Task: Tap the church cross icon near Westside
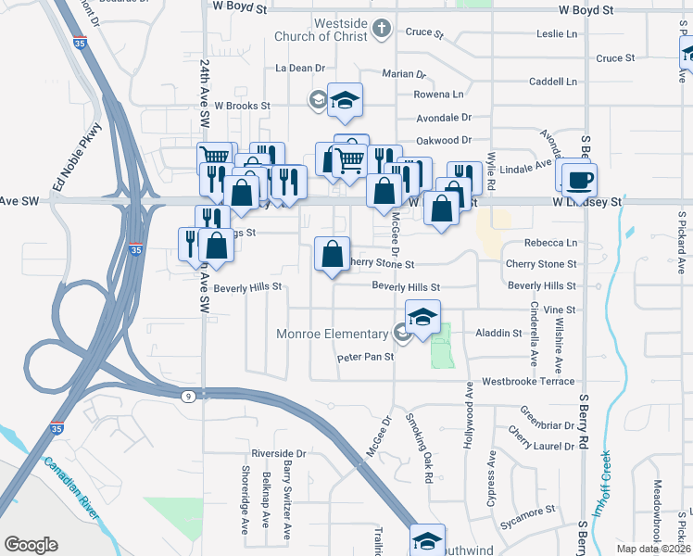pyautogui.click(x=380, y=30)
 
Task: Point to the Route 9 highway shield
pyautogui.click(x=188, y=396)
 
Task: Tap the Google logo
pyautogui.click(x=31, y=545)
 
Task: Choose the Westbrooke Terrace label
pyautogui.click(x=528, y=381)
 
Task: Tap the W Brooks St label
pyautogui.click(x=242, y=106)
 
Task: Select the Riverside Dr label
pyautogui.click(x=278, y=453)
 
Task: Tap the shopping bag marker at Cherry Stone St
pyautogui.click(x=332, y=253)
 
